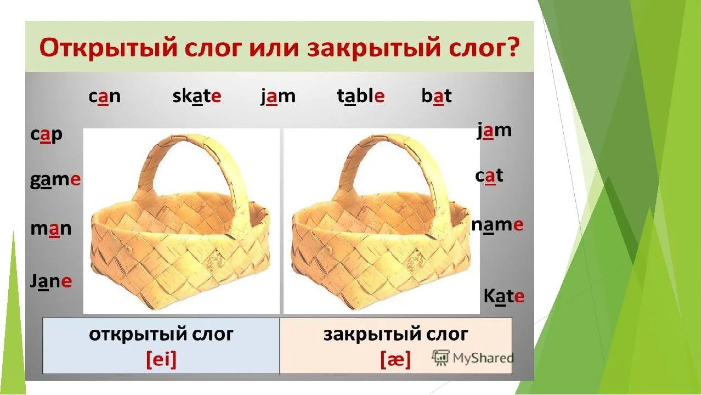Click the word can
click(x=104, y=97)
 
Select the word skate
click(x=196, y=97)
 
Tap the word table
click(x=360, y=97)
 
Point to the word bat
click(x=437, y=97)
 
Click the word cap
click(x=46, y=135)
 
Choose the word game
click(x=55, y=180)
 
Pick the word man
click(x=50, y=228)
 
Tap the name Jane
click(x=50, y=282)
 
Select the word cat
click(x=489, y=176)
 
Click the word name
click(x=497, y=224)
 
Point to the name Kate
click(x=503, y=297)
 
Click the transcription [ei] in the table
click(x=161, y=359)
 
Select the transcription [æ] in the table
click(x=395, y=359)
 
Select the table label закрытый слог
click(x=396, y=334)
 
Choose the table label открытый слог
click(x=161, y=334)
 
